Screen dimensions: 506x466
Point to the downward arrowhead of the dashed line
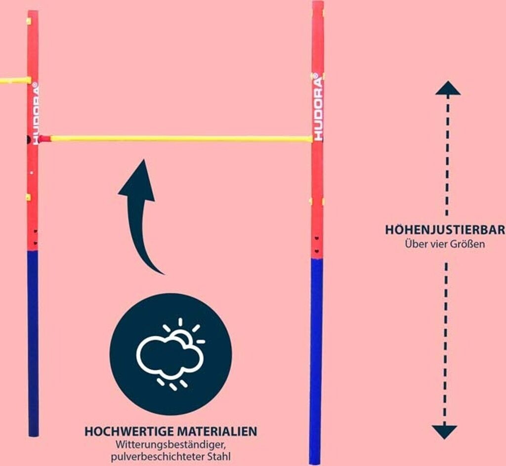click(x=444, y=431)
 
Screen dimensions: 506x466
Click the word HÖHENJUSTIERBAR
click(x=445, y=230)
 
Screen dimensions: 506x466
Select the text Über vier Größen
click(x=445, y=244)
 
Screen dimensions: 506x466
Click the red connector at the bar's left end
click(x=44, y=139)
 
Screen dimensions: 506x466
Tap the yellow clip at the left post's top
click(x=29, y=21)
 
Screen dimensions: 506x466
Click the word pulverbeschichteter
click(x=158, y=456)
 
